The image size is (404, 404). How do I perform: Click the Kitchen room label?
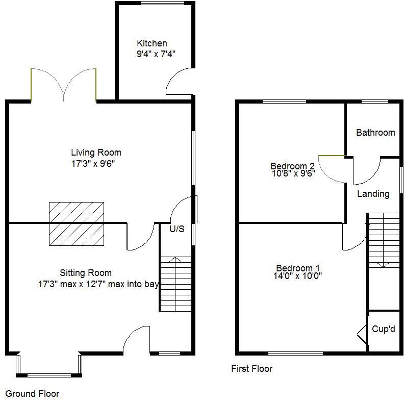tap(151, 43)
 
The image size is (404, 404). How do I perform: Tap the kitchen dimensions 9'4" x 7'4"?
tap(157, 53)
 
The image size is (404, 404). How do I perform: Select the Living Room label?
tap(96, 152)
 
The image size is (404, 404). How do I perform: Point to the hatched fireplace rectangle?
tap(77, 223)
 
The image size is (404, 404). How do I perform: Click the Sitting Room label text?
tap(85, 273)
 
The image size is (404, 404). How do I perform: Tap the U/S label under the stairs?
tap(176, 229)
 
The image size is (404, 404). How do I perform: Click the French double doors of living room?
tap(63, 84)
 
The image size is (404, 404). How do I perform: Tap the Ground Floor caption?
tap(32, 394)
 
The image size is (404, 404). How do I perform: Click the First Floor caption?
tap(251, 369)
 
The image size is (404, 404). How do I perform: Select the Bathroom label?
tap(375, 133)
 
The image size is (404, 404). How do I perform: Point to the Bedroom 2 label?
tap(292, 166)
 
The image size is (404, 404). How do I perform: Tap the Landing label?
tap(373, 194)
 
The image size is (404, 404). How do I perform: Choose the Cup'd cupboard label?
tap(383, 329)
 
